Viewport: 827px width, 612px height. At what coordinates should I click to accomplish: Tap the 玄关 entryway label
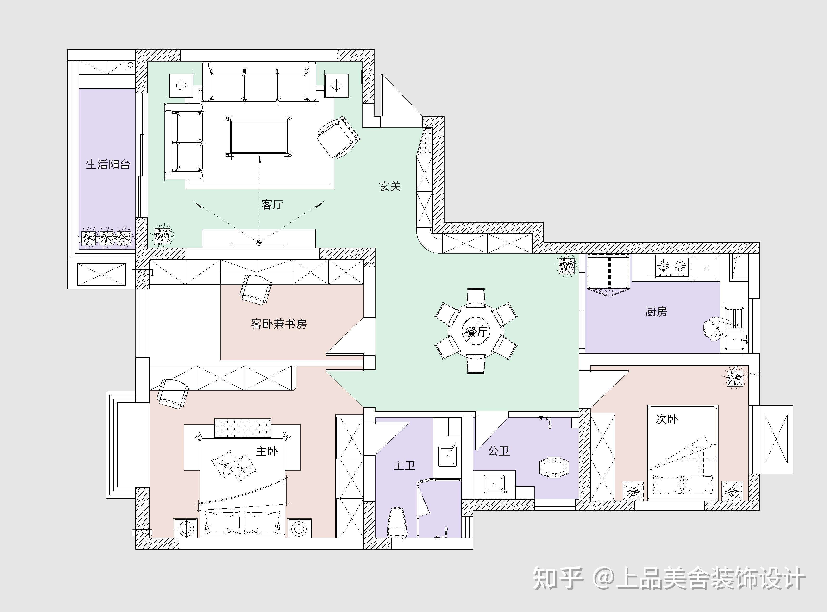click(x=390, y=186)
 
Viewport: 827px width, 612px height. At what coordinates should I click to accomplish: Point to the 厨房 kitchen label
click(x=656, y=312)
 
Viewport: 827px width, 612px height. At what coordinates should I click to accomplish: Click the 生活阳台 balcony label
click(x=108, y=164)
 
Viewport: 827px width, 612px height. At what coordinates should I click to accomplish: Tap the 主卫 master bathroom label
click(x=404, y=466)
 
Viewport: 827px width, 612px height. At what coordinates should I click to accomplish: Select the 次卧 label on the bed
click(x=667, y=419)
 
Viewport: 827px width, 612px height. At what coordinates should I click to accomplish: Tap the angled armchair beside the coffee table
click(x=338, y=137)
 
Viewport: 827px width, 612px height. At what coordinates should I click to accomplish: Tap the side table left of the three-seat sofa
click(x=181, y=86)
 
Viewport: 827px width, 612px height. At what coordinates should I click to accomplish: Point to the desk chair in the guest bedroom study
click(x=255, y=289)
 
